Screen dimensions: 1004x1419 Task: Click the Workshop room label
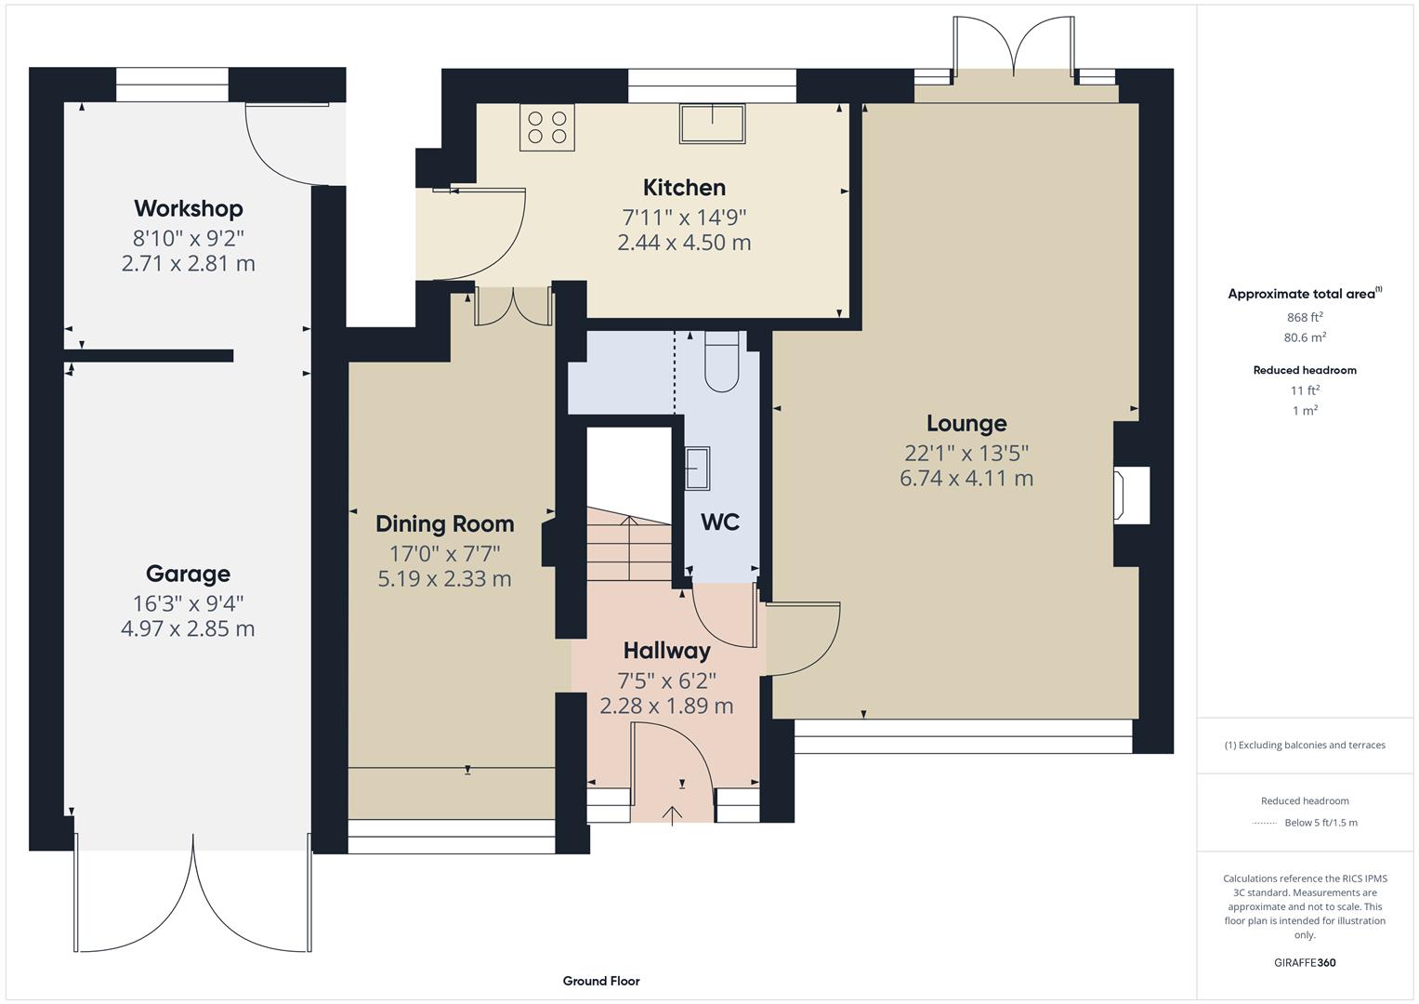(x=188, y=208)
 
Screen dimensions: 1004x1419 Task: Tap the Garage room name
(x=188, y=574)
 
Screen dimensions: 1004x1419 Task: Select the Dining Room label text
(x=444, y=524)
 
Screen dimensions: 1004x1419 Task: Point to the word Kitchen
(x=684, y=188)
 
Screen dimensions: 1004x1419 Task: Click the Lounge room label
(x=966, y=424)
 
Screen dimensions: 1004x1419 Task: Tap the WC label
(x=720, y=522)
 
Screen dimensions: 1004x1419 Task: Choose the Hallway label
(x=666, y=651)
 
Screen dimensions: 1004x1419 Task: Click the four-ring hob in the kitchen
(x=547, y=127)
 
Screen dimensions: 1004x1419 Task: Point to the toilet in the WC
(x=722, y=363)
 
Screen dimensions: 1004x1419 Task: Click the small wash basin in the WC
(x=698, y=468)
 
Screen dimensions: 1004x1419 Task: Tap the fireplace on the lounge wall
(x=1123, y=495)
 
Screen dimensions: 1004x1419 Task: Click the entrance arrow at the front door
(x=672, y=814)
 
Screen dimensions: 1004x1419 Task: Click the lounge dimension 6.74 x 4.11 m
(x=966, y=479)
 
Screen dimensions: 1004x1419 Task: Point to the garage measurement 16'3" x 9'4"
(x=188, y=603)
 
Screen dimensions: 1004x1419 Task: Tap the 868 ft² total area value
(x=1305, y=317)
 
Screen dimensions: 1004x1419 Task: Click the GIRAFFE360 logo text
(x=1305, y=963)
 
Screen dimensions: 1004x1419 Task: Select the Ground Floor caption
(x=600, y=981)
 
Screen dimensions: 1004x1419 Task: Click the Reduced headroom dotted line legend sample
(x=1264, y=823)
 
